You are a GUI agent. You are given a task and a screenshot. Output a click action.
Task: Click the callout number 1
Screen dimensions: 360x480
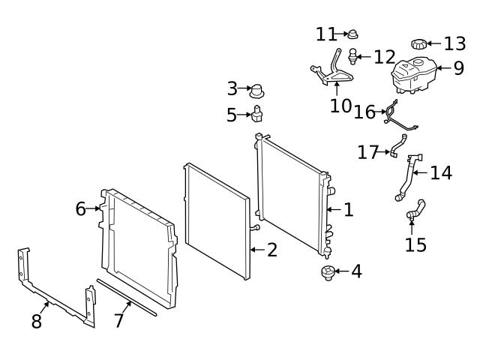348,210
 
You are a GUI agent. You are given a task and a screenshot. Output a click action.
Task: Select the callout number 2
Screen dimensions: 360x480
271,250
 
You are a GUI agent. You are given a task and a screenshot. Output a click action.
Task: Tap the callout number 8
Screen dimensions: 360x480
36,322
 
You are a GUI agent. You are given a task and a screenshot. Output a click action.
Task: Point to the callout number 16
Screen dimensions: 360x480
364,112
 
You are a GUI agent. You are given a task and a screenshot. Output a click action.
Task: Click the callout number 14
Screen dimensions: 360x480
441,172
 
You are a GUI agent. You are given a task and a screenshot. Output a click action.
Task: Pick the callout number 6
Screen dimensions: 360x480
81,208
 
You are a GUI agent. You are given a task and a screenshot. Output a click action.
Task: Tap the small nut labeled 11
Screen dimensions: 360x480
354,33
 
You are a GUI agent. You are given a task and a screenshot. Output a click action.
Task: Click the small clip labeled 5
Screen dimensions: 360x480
259,115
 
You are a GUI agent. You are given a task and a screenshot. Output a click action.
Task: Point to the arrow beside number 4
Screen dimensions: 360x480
341,271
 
